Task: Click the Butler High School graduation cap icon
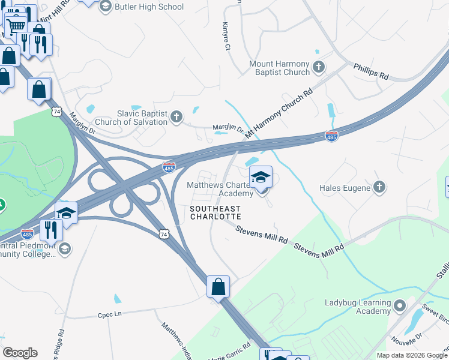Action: click(106, 7)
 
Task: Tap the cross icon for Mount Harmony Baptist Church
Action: click(319, 67)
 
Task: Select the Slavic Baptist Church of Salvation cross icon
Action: click(176, 116)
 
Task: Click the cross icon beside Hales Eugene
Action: click(379, 187)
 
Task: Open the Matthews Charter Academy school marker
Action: click(261, 178)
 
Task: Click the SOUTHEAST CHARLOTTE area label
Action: click(215, 212)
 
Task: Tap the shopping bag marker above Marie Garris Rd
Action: click(218, 286)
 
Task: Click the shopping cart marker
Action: click(16, 25)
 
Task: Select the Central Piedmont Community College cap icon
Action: click(65, 248)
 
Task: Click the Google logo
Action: click(20, 353)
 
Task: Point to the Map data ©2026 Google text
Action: click(411, 355)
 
